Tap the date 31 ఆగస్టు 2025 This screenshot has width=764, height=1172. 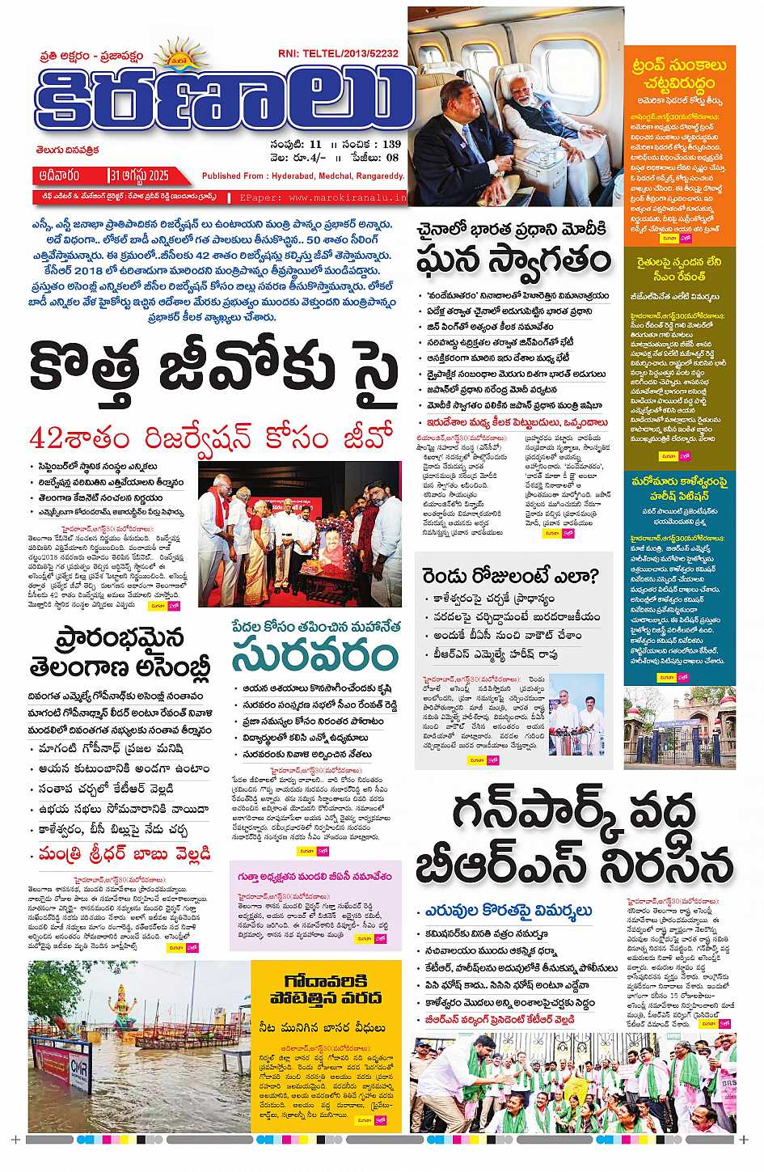[x=139, y=175]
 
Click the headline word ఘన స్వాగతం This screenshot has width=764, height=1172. [x=513, y=261]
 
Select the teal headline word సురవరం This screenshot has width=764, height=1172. [x=312, y=656]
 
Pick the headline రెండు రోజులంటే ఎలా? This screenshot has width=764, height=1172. [x=509, y=576]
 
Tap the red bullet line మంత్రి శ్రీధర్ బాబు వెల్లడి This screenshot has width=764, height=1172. [x=125, y=853]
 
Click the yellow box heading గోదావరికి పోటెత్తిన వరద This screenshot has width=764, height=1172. [x=326, y=990]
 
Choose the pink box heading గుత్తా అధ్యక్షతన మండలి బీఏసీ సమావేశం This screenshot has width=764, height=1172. [x=314, y=877]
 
